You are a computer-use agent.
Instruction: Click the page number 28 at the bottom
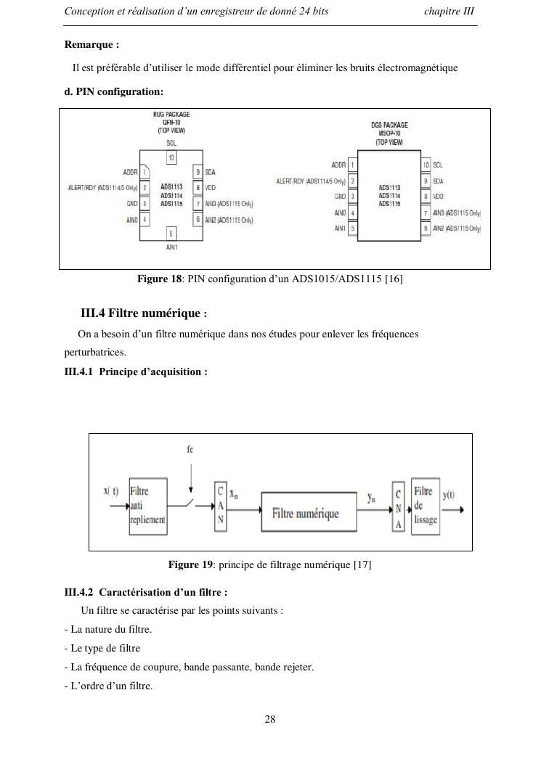point(270,720)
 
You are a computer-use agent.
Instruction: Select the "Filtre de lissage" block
point(425,506)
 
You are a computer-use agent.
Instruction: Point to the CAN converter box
point(220,506)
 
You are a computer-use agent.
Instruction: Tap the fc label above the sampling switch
point(190,449)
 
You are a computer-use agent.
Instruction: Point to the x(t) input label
point(111,491)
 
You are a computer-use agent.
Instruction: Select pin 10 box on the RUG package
point(171,157)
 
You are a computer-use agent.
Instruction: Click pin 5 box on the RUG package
point(171,233)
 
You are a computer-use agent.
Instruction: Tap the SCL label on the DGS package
point(439,165)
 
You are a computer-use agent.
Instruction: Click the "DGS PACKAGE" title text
point(389,125)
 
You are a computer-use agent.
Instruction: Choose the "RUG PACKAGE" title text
point(171,115)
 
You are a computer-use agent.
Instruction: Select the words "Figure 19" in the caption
point(191,564)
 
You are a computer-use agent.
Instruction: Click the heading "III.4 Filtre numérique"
point(139,313)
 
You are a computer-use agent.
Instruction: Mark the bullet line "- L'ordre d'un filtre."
point(108,686)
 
